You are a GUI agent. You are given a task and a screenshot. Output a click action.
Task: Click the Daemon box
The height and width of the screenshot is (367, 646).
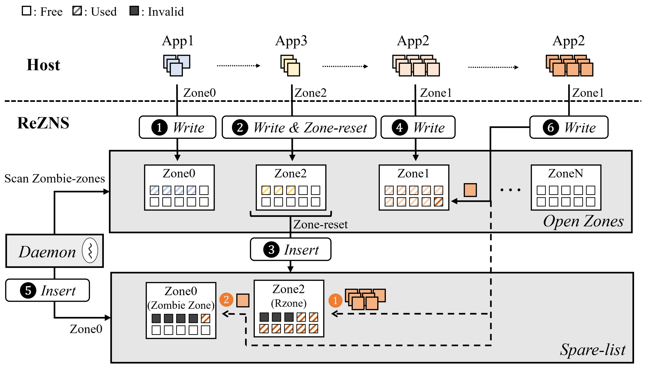coord(54,251)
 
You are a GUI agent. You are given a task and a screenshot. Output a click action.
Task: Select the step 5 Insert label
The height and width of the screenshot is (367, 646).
coord(47,290)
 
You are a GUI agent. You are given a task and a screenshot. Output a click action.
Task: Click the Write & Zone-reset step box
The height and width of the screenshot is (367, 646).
coord(299,127)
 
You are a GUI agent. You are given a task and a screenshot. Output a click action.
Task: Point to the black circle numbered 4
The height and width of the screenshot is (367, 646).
coord(399,128)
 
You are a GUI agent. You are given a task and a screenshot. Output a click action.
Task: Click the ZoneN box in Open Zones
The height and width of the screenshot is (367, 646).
coord(566,187)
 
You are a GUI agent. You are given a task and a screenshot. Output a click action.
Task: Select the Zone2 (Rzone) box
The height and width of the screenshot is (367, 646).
coord(289,308)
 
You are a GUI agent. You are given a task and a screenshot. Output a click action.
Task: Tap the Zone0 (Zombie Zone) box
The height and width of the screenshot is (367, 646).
coord(181,310)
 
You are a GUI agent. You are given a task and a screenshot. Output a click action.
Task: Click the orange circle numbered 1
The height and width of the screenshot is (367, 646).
coord(335,300)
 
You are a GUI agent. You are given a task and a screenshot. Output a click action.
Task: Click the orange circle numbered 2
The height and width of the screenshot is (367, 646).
coord(226,299)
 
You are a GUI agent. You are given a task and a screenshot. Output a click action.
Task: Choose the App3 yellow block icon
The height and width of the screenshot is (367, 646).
coord(290,66)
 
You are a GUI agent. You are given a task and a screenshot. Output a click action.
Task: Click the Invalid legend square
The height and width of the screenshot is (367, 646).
coord(134,11)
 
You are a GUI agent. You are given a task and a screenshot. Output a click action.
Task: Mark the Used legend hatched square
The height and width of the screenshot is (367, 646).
coord(77,11)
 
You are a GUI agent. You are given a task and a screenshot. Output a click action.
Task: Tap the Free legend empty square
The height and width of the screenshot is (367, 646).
coord(26,11)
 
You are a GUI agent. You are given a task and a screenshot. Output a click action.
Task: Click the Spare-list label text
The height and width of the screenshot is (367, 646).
coord(592,350)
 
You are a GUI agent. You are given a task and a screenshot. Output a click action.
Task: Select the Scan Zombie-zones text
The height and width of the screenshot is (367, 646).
coord(54,179)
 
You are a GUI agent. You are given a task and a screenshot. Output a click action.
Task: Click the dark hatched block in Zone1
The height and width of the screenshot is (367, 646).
coord(438,202)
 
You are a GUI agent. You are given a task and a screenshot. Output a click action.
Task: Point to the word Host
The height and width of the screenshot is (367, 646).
coord(43,65)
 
